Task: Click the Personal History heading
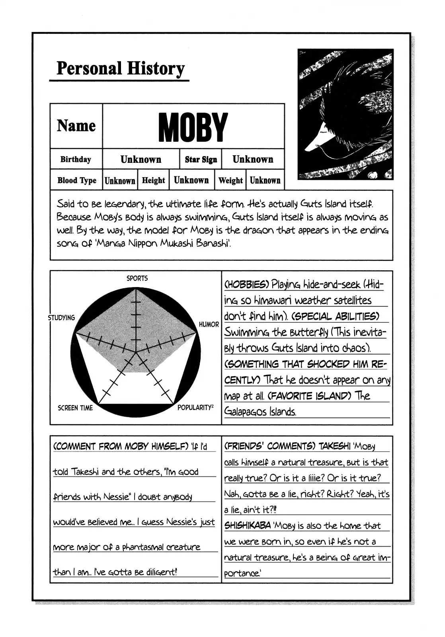120,69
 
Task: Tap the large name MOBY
193,127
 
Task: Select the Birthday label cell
76,159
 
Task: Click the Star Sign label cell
201,160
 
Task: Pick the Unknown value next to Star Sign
253,159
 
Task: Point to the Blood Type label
76,180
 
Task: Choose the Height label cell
153,180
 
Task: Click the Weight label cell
230,180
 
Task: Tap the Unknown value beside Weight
265,180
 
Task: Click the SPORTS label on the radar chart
137,278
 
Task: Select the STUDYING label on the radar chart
62,317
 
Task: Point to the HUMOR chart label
209,324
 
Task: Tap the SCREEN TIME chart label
75,408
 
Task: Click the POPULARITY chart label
195,408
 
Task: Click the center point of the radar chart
136,352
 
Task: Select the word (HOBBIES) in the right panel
246,285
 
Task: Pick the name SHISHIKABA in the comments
247,526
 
